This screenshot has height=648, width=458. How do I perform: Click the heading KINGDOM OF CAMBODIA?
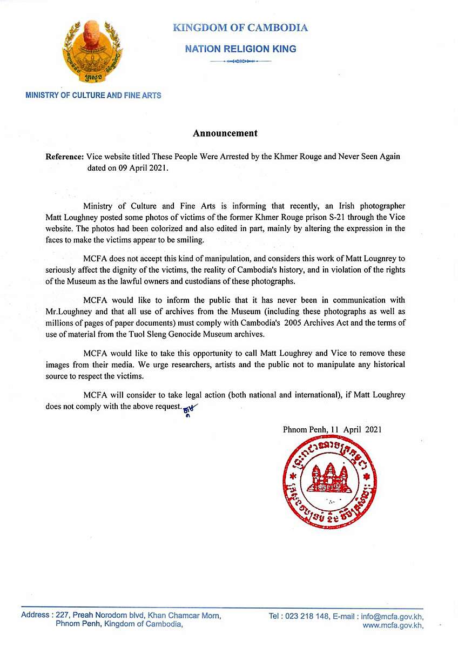(x=240, y=28)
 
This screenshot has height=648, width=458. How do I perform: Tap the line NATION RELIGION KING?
(x=240, y=49)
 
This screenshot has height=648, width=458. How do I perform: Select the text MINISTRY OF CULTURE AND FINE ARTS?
(x=93, y=96)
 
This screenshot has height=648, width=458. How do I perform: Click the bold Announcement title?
(x=225, y=133)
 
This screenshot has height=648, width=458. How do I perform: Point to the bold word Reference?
(x=65, y=157)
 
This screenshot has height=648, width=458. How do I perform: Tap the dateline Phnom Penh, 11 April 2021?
(x=332, y=430)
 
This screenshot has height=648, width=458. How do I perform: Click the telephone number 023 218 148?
(x=313, y=616)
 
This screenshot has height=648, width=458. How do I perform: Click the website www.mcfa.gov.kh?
(x=393, y=625)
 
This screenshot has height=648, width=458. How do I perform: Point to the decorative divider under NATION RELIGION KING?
(x=240, y=62)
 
